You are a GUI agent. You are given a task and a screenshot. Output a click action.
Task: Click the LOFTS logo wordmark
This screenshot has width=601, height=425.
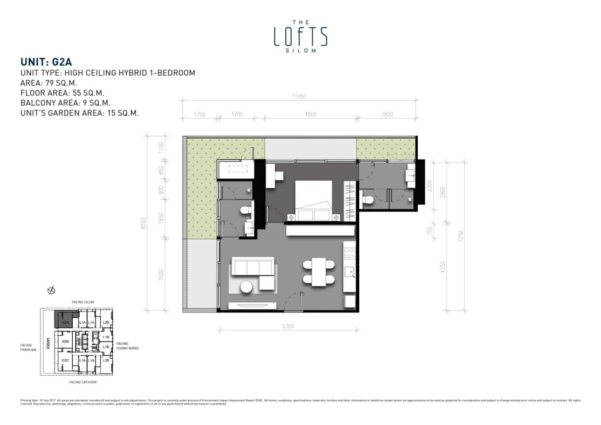(300, 36)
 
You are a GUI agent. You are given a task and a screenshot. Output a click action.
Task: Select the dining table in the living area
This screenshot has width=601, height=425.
(319, 272)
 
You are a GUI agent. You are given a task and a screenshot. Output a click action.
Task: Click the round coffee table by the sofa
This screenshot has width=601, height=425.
(247, 287)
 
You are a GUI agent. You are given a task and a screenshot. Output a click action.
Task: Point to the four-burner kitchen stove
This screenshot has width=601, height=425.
(349, 253)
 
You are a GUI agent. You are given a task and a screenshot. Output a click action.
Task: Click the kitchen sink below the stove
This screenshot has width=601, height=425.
(350, 271)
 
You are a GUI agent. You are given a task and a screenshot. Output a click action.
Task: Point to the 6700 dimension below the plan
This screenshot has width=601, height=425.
(288, 326)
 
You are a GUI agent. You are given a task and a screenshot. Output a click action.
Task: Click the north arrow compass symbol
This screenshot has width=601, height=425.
(52, 289)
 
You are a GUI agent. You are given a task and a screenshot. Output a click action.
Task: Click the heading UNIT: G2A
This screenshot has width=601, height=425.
(46, 61)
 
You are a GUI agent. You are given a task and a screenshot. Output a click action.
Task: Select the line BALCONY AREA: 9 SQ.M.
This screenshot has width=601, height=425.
(73, 103)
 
